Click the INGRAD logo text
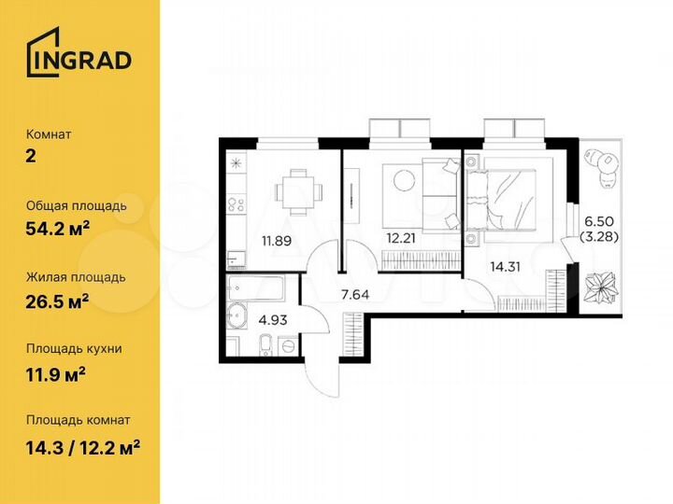[x=79, y=59]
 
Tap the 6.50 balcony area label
[x=598, y=221]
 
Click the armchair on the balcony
[x=604, y=165]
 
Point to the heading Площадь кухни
[x=75, y=348]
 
